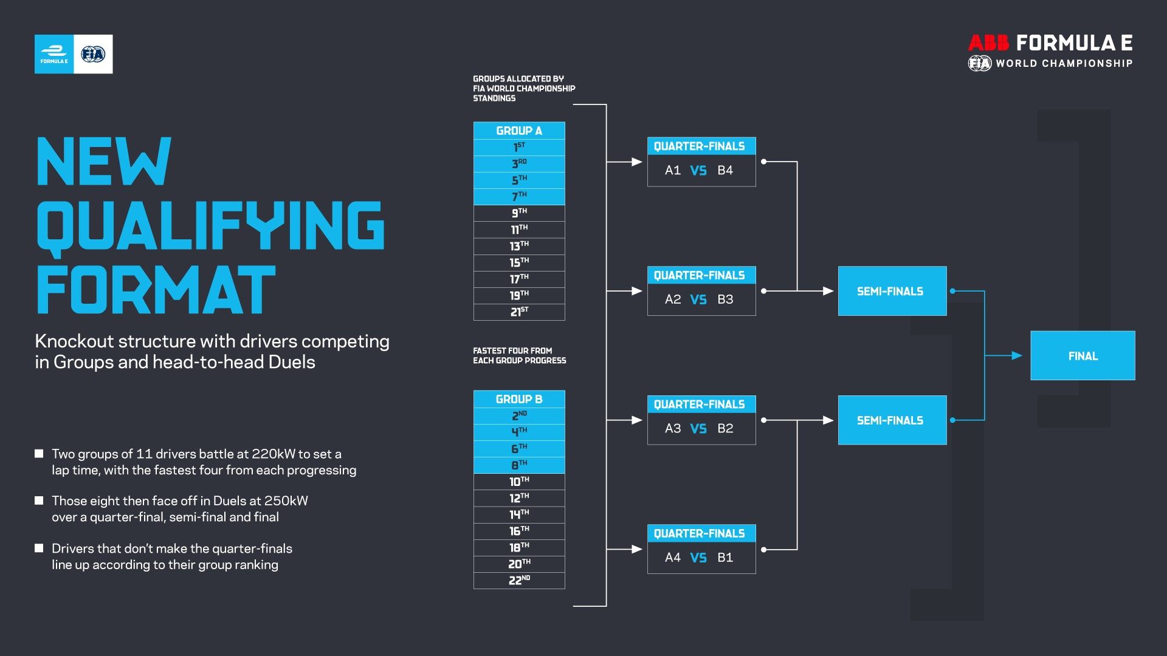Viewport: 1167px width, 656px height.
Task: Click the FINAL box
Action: pyautogui.click(x=1083, y=356)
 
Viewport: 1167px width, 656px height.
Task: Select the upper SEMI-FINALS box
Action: pyautogui.click(x=892, y=291)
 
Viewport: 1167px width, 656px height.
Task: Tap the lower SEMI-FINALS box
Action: pyautogui.click(x=892, y=420)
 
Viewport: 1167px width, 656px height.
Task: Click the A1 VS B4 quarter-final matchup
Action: pyautogui.click(x=701, y=171)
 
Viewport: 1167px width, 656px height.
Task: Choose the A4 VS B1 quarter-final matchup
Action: pyautogui.click(x=701, y=558)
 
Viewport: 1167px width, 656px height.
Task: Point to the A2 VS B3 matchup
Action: pyautogui.click(x=701, y=299)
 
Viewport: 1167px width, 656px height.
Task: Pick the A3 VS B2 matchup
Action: pyautogui.click(x=701, y=429)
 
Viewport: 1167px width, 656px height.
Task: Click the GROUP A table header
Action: pyautogui.click(x=519, y=131)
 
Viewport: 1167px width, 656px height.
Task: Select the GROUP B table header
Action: pyautogui.click(x=519, y=399)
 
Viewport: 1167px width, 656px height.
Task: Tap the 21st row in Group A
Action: pyautogui.click(x=519, y=312)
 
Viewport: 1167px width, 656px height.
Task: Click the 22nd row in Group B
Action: pyautogui.click(x=519, y=581)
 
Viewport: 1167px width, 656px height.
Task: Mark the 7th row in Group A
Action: pyautogui.click(x=519, y=197)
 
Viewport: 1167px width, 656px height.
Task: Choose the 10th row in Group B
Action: pyautogui.click(x=519, y=482)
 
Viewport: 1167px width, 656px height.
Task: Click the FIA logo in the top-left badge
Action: pyautogui.click(x=93, y=55)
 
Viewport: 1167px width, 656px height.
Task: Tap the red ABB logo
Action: pyautogui.click(x=988, y=43)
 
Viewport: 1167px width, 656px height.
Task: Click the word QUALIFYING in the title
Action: pyautogui.click(x=210, y=226)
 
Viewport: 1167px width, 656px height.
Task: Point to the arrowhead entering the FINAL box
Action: pyautogui.click(x=1017, y=356)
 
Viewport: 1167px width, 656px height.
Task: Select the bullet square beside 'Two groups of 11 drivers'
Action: pyautogui.click(x=40, y=454)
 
